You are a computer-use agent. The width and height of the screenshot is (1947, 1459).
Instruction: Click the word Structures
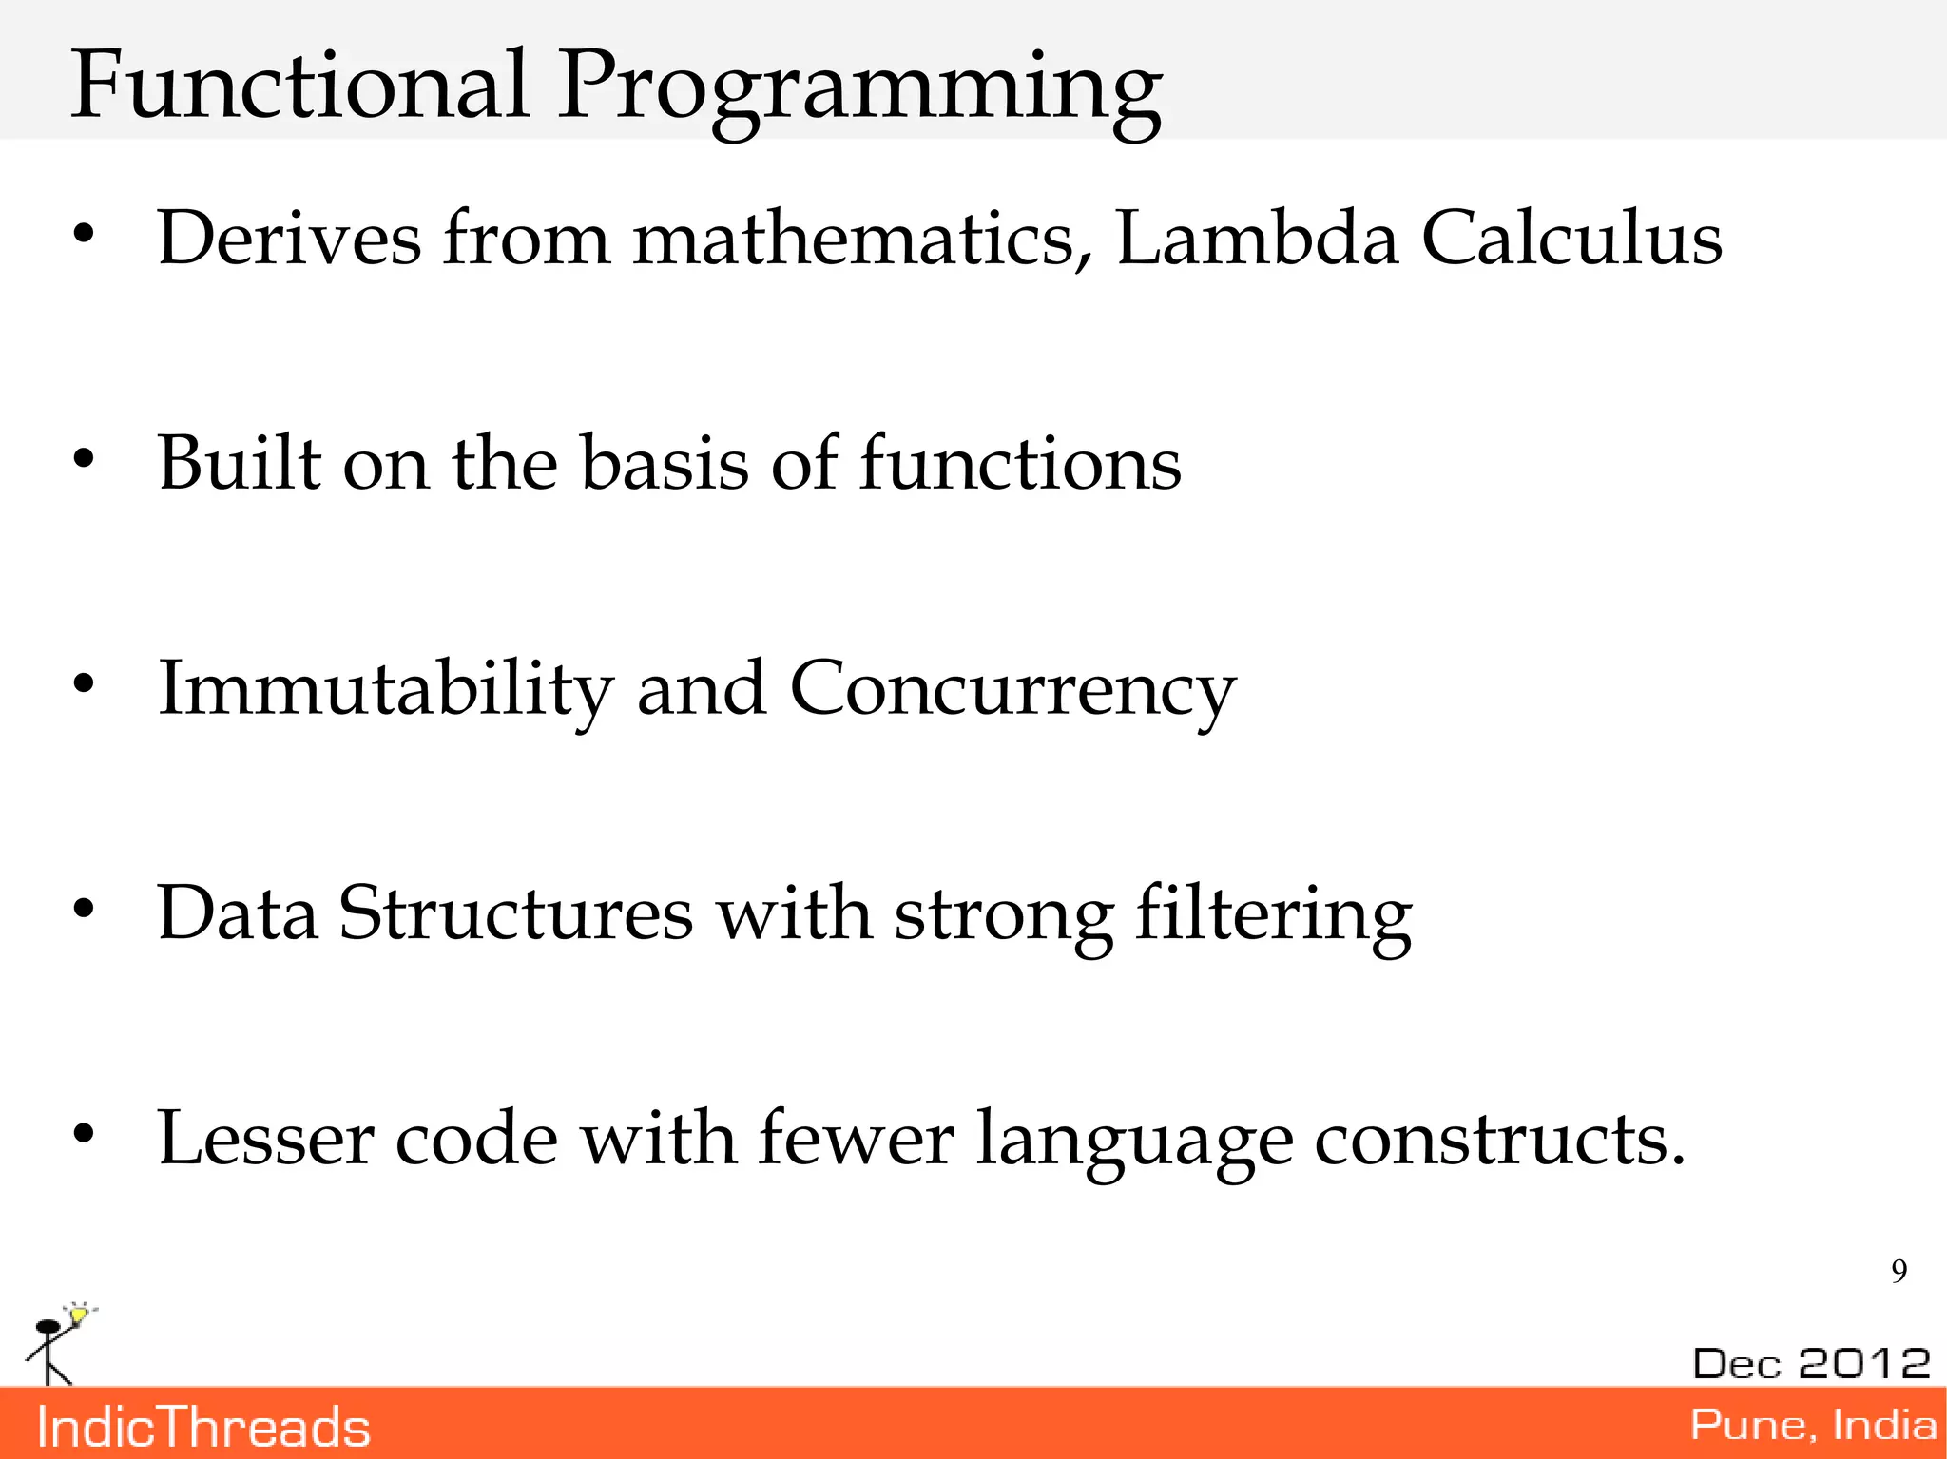tap(515, 913)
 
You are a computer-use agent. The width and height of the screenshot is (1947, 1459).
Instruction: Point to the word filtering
tap(1273, 915)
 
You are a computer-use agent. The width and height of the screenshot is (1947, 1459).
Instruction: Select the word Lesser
tap(265, 1139)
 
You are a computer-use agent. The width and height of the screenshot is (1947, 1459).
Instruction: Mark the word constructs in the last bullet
tap(1499, 1139)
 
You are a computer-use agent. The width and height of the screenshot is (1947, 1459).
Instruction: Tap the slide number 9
tap(1899, 1271)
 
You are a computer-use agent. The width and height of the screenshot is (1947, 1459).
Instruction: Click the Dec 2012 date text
tap(1811, 1363)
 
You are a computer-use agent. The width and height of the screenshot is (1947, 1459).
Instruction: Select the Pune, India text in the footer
tap(1812, 1425)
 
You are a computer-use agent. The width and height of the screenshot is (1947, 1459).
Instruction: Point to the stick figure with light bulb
tap(57, 1343)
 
